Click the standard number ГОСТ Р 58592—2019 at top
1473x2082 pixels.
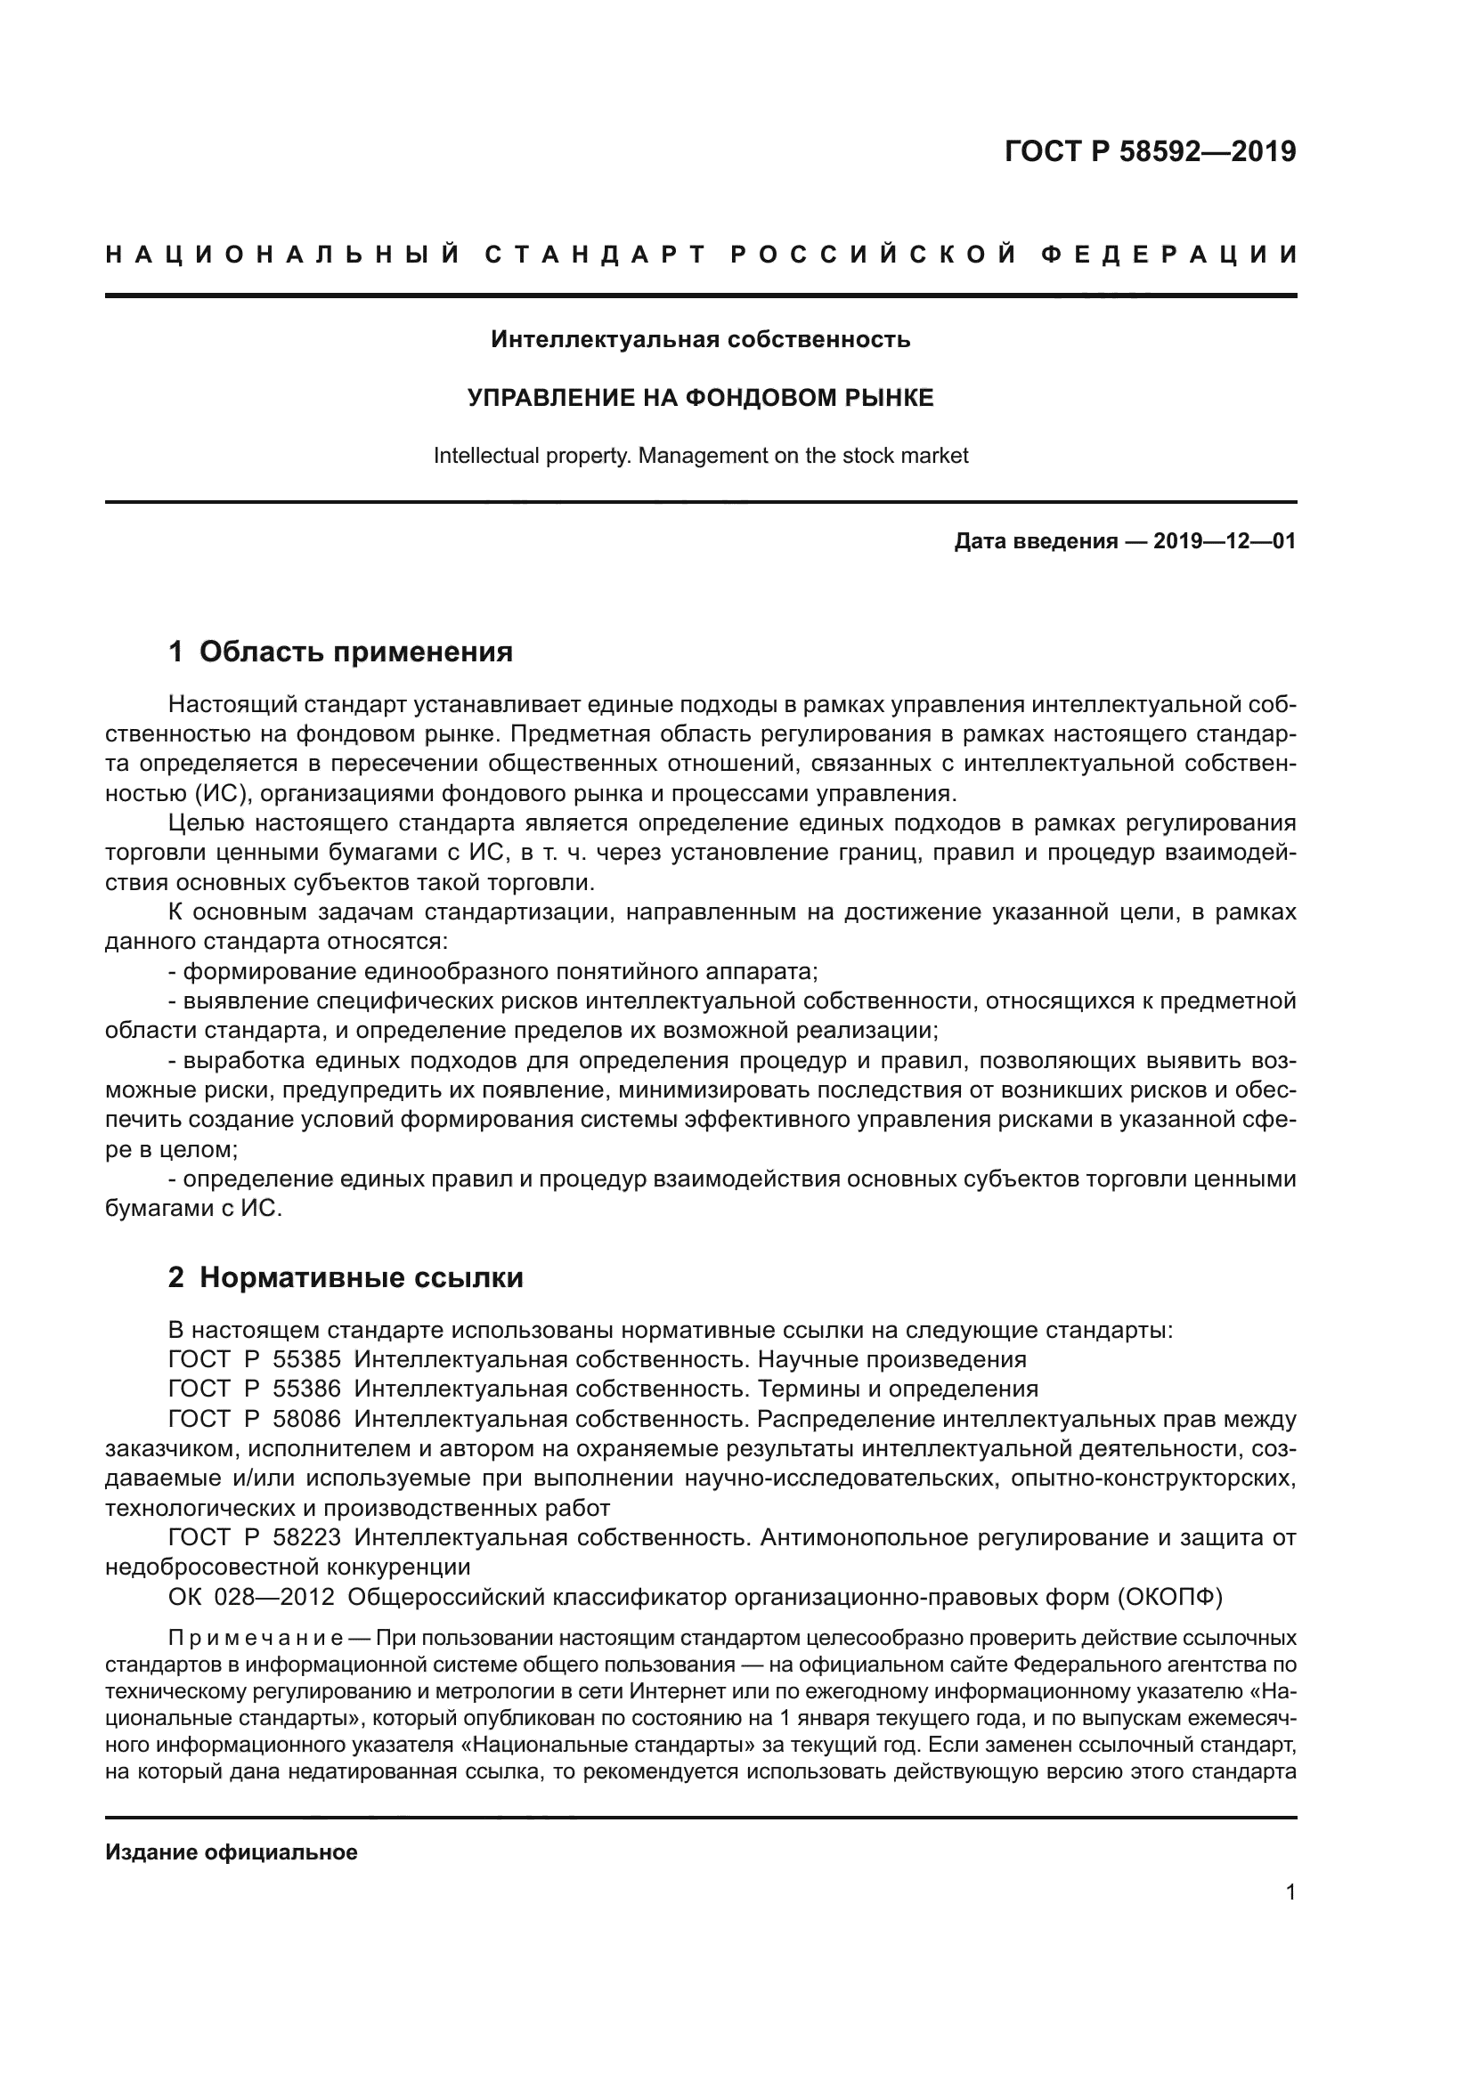[x=1150, y=151]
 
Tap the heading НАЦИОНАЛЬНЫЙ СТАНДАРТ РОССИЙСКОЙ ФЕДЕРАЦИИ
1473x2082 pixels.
[x=701, y=255]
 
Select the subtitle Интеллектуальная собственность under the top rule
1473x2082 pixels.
[x=700, y=340]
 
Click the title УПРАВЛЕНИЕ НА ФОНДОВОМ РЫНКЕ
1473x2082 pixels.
[x=700, y=398]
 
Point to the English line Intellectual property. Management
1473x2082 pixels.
[x=700, y=455]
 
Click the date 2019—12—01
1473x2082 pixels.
[x=1225, y=542]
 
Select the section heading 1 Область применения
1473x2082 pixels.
[x=340, y=652]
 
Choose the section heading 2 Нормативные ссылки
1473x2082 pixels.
[x=346, y=1277]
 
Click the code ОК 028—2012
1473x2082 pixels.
[x=251, y=1597]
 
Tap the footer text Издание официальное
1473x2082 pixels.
[x=232, y=1852]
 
